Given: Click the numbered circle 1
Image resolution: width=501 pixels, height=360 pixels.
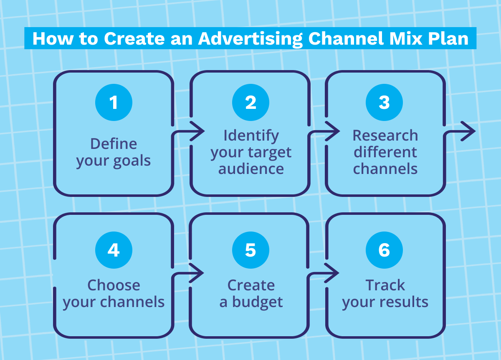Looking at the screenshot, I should coord(114,102).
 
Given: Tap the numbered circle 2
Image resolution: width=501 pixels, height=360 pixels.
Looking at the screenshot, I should coord(250,102).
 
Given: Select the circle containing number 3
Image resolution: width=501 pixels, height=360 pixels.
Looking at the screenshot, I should coord(384,102).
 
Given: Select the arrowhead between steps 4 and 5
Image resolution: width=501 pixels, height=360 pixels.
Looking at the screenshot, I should coord(198,274).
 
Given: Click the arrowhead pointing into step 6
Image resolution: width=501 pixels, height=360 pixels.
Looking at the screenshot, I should coord(334,274).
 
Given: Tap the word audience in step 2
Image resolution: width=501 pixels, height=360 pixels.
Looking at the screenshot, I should coord(251,169).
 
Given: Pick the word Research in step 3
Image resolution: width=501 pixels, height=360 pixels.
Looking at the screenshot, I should coord(385,135).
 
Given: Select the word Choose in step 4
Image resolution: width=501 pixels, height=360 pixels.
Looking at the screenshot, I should coord(114,285).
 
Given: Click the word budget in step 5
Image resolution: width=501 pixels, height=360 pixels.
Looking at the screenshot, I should coord(257,302).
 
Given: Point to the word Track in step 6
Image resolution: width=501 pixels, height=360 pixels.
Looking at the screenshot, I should coord(385,285).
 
